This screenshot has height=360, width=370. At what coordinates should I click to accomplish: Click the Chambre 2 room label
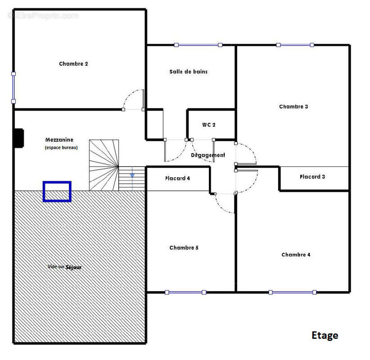[x=73, y=64]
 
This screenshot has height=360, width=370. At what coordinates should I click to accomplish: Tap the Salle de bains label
[x=188, y=72]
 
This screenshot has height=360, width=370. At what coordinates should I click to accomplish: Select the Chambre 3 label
[x=293, y=106]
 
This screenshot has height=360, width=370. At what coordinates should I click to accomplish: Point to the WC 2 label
[x=208, y=125]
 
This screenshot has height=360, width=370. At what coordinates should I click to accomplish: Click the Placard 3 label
[x=312, y=176]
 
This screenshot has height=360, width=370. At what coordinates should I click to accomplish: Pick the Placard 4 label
[x=177, y=178]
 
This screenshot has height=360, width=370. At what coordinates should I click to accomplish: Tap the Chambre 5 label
[x=184, y=247]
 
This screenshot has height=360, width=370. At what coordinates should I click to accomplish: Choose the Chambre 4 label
[x=296, y=255]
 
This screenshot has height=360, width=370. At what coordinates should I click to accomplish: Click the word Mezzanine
[x=59, y=139]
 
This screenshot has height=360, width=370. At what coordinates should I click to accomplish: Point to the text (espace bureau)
[x=61, y=148]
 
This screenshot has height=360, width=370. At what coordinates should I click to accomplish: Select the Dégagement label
[x=208, y=155]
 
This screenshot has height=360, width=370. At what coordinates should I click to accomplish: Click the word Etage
[x=325, y=335]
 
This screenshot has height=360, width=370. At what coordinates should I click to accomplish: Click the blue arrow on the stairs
[x=132, y=175]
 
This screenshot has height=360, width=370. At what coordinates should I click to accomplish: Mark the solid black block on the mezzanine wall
[x=19, y=138]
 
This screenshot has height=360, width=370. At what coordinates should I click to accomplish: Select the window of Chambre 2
[x=14, y=87]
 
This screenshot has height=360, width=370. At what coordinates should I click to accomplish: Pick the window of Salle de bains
[x=198, y=45]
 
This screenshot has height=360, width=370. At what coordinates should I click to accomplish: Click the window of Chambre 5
[x=185, y=292]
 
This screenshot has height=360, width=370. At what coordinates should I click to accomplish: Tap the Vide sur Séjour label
[x=64, y=267]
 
